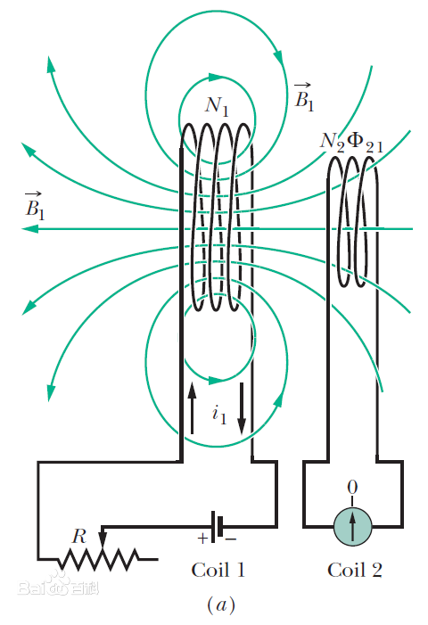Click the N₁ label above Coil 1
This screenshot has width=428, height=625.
(218, 106)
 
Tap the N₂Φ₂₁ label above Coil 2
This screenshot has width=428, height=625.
(351, 143)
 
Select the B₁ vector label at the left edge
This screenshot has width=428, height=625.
(35, 206)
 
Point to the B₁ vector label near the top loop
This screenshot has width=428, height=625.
(304, 97)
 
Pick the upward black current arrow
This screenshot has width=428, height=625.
(192, 407)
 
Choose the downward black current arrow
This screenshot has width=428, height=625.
(242, 408)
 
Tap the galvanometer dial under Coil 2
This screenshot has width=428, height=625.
(353, 526)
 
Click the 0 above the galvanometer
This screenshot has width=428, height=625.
(353, 488)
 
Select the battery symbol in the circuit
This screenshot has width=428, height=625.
(217, 527)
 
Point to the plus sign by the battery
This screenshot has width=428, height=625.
(202, 539)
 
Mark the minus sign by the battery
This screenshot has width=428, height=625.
(231, 539)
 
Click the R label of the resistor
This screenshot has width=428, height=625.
(78, 537)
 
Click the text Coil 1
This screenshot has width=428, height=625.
(218, 570)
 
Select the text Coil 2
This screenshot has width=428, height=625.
(355, 570)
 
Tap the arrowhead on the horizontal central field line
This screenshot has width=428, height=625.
(30, 229)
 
